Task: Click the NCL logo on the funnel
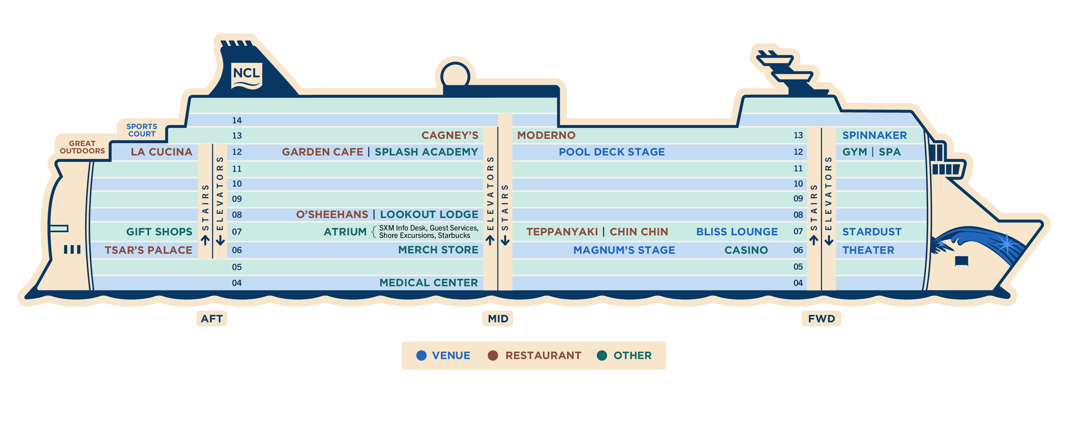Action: pyautogui.click(x=246, y=75)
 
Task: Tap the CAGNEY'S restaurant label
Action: pyautogui.click(x=450, y=136)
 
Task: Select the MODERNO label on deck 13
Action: pyautogui.click(x=546, y=136)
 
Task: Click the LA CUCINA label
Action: pyautogui.click(x=162, y=152)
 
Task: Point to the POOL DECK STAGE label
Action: pyautogui.click(x=612, y=152)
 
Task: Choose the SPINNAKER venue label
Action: pyautogui.click(x=875, y=136)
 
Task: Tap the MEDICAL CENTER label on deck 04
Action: pyautogui.click(x=429, y=283)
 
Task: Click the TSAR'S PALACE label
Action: pyautogui.click(x=149, y=250)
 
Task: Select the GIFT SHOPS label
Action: pyautogui.click(x=159, y=232)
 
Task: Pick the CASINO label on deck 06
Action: pyautogui.click(x=746, y=250)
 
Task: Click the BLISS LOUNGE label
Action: pyautogui.click(x=737, y=232)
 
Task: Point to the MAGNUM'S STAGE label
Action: pyautogui.click(x=624, y=250)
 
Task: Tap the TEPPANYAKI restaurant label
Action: pyautogui.click(x=562, y=232)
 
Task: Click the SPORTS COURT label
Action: pyautogui.click(x=142, y=130)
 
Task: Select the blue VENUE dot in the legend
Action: pyautogui.click(x=421, y=356)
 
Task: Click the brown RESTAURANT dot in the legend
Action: pyautogui.click(x=493, y=356)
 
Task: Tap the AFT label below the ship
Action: pyautogui.click(x=212, y=319)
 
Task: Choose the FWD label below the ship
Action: pyautogui.click(x=821, y=319)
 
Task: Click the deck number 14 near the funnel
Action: pyautogui.click(x=237, y=120)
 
